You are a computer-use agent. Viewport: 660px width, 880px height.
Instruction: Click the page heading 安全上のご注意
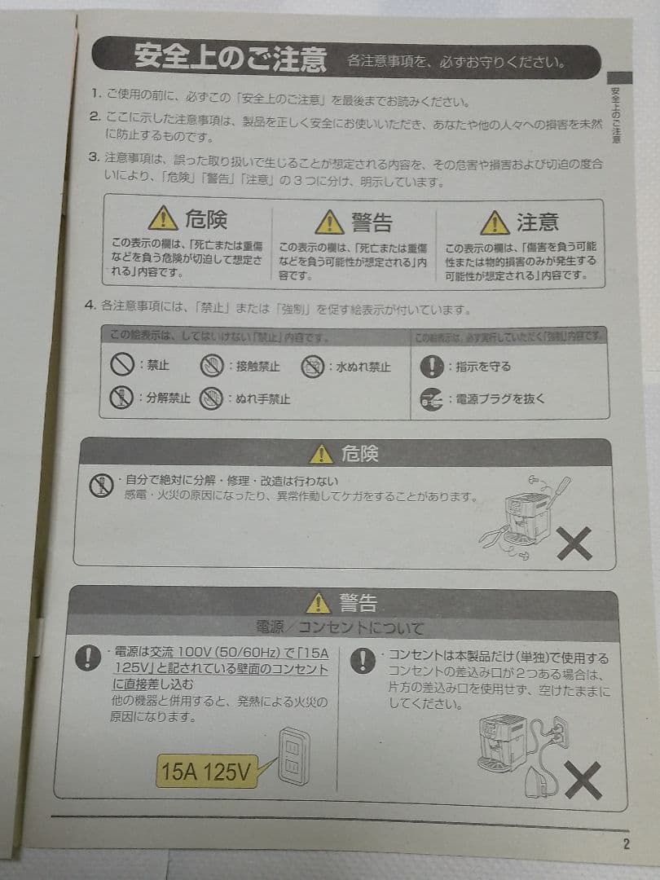[230, 59]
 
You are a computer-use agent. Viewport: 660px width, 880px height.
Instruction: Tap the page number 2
[626, 844]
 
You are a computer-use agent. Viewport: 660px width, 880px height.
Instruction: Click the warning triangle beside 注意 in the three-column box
[495, 222]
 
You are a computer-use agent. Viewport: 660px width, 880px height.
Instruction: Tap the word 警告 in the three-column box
[372, 222]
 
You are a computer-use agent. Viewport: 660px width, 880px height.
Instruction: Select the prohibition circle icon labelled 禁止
[122, 365]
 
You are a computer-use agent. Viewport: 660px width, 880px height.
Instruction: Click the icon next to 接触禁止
[212, 366]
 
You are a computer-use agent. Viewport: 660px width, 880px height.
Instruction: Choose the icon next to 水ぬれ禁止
[313, 367]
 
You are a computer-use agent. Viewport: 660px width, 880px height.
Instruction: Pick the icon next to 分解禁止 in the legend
[121, 398]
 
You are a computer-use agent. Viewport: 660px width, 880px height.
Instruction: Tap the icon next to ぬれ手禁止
[212, 399]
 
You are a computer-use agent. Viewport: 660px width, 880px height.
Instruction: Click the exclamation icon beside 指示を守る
[431, 367]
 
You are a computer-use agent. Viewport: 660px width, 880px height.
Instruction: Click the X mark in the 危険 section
[574, 543]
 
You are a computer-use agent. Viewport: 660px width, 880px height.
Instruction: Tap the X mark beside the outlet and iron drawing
[583, 780]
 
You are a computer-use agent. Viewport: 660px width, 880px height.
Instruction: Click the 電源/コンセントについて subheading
[340, 627]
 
